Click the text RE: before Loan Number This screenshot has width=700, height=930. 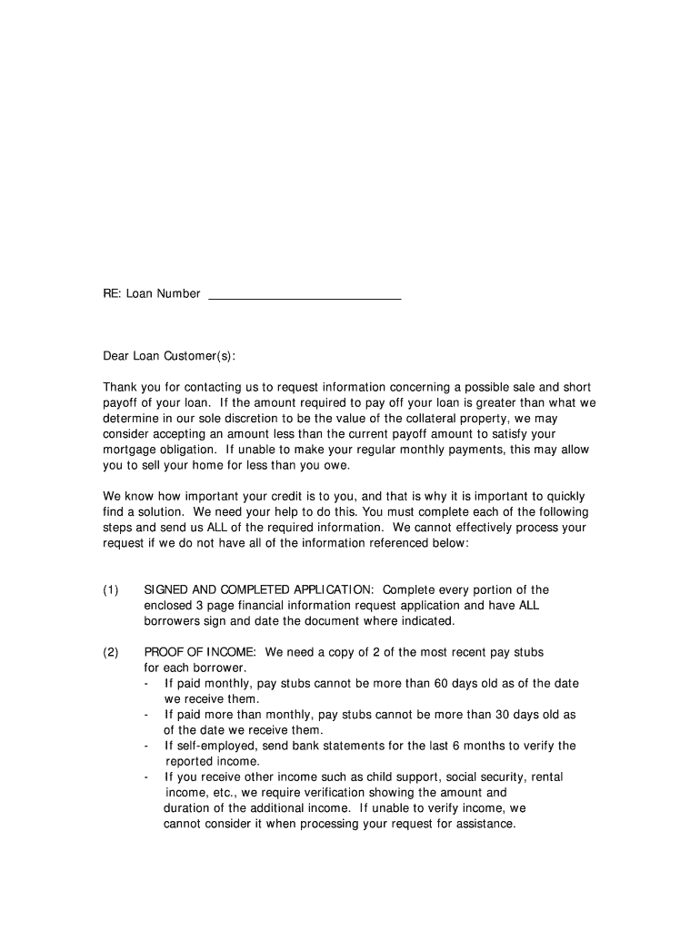tap(113, 294)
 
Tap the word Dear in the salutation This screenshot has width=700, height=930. tap(115, 356)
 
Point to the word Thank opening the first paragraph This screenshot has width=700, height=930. tap(119, 388)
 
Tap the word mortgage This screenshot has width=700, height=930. tap(130, 450)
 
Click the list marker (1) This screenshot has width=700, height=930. tap(111, 590)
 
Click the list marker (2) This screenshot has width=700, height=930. tap(111, 652)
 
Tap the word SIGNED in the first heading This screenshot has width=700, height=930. tap(165, 590)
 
